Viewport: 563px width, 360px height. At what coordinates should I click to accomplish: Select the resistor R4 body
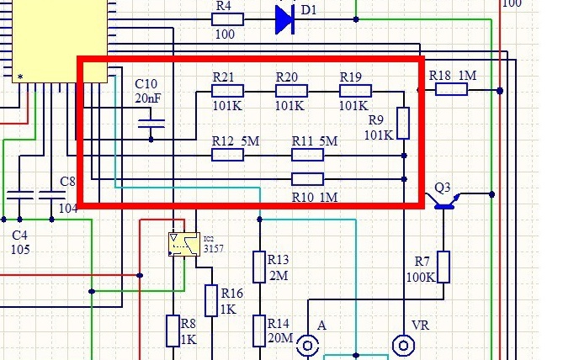pyautogui.click(x=227, y=19)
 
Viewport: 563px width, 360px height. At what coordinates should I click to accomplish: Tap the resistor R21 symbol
pyautogui.click(x=223, y=90)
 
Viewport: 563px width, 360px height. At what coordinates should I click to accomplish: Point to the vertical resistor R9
pyautogui.click(x=404, y=123)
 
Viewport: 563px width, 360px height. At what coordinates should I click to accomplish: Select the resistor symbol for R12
pyautogui.click(x=226, y=155)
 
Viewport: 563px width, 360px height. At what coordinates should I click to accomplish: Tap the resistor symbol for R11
pyautogui.click(x=307, y=155)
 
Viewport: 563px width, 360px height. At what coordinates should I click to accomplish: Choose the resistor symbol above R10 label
pyautogui.click(x=307, y=178)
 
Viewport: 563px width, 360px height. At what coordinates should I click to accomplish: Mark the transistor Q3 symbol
pyautogui.click(x=443, y=199)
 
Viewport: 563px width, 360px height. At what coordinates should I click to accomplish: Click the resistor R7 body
pyautogui.click(x=443, y=267)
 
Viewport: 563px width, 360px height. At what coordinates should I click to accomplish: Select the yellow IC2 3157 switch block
pyautogui.click(x=183, y=244)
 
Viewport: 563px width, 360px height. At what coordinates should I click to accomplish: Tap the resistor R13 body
pyautogui.click(x=260, y=267)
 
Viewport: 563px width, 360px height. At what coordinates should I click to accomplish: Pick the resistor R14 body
pyautogui.click(x=260, y=331)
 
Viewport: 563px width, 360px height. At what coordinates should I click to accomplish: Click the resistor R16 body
pyautogui.click(x=210, y=300)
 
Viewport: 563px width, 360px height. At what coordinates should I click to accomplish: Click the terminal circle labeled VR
pyautogui.click(x=404, y=345)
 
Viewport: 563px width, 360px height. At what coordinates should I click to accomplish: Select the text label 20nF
pyautogui.click(x=147, y=99)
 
